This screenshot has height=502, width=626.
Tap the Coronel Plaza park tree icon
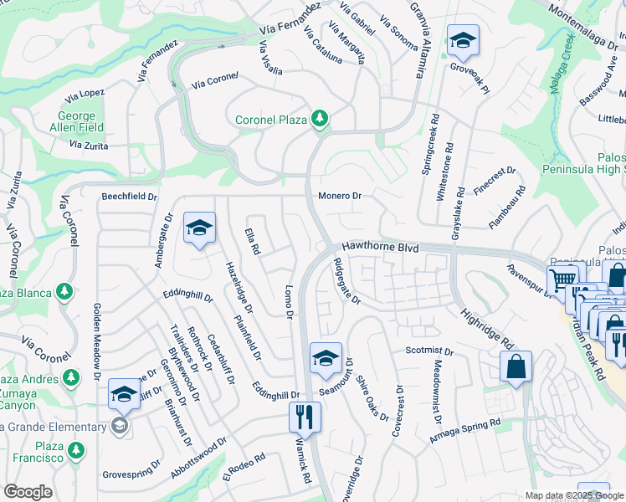click(318, 120)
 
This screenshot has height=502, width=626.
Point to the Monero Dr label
click(339, 196)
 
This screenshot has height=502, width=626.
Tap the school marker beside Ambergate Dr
click(199, 228)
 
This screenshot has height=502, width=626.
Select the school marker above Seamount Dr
click(326, 358)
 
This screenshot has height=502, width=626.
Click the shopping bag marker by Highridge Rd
click(516, 365)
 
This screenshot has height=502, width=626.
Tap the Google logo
click(28, 492)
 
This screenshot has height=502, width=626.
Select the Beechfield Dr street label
click(129, 197)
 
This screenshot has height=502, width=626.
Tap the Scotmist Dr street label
click(428, 351)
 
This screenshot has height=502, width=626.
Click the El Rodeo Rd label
click(244, 467)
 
